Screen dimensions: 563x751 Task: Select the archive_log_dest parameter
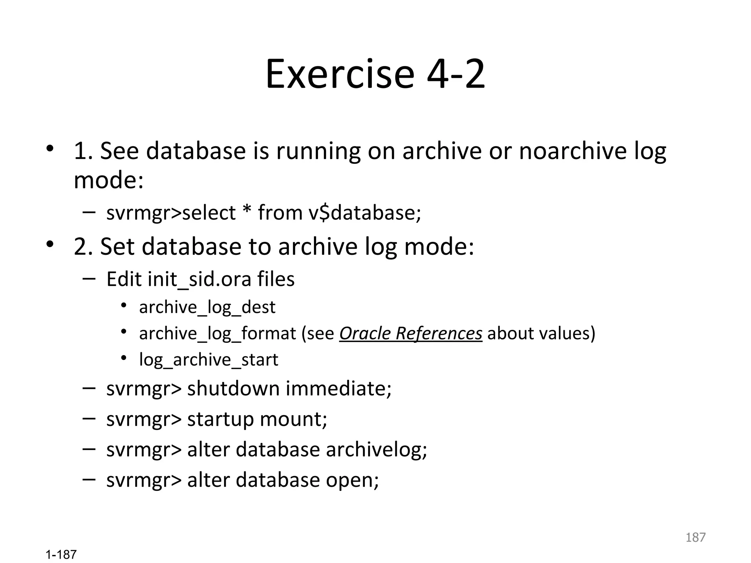tap(207, 307)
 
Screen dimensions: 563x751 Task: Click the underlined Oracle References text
tap(410, 334)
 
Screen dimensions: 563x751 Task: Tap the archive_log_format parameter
tap(217, 334)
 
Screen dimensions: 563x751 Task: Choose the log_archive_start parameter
tap(209, 360)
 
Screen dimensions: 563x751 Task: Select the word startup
tap(220, 419)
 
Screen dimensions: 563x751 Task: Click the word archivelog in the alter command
tap(376, 450)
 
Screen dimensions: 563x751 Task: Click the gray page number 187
tap(695, 537)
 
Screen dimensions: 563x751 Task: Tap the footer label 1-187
tap(61, 555)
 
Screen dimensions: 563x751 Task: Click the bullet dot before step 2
tap(50, 244)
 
